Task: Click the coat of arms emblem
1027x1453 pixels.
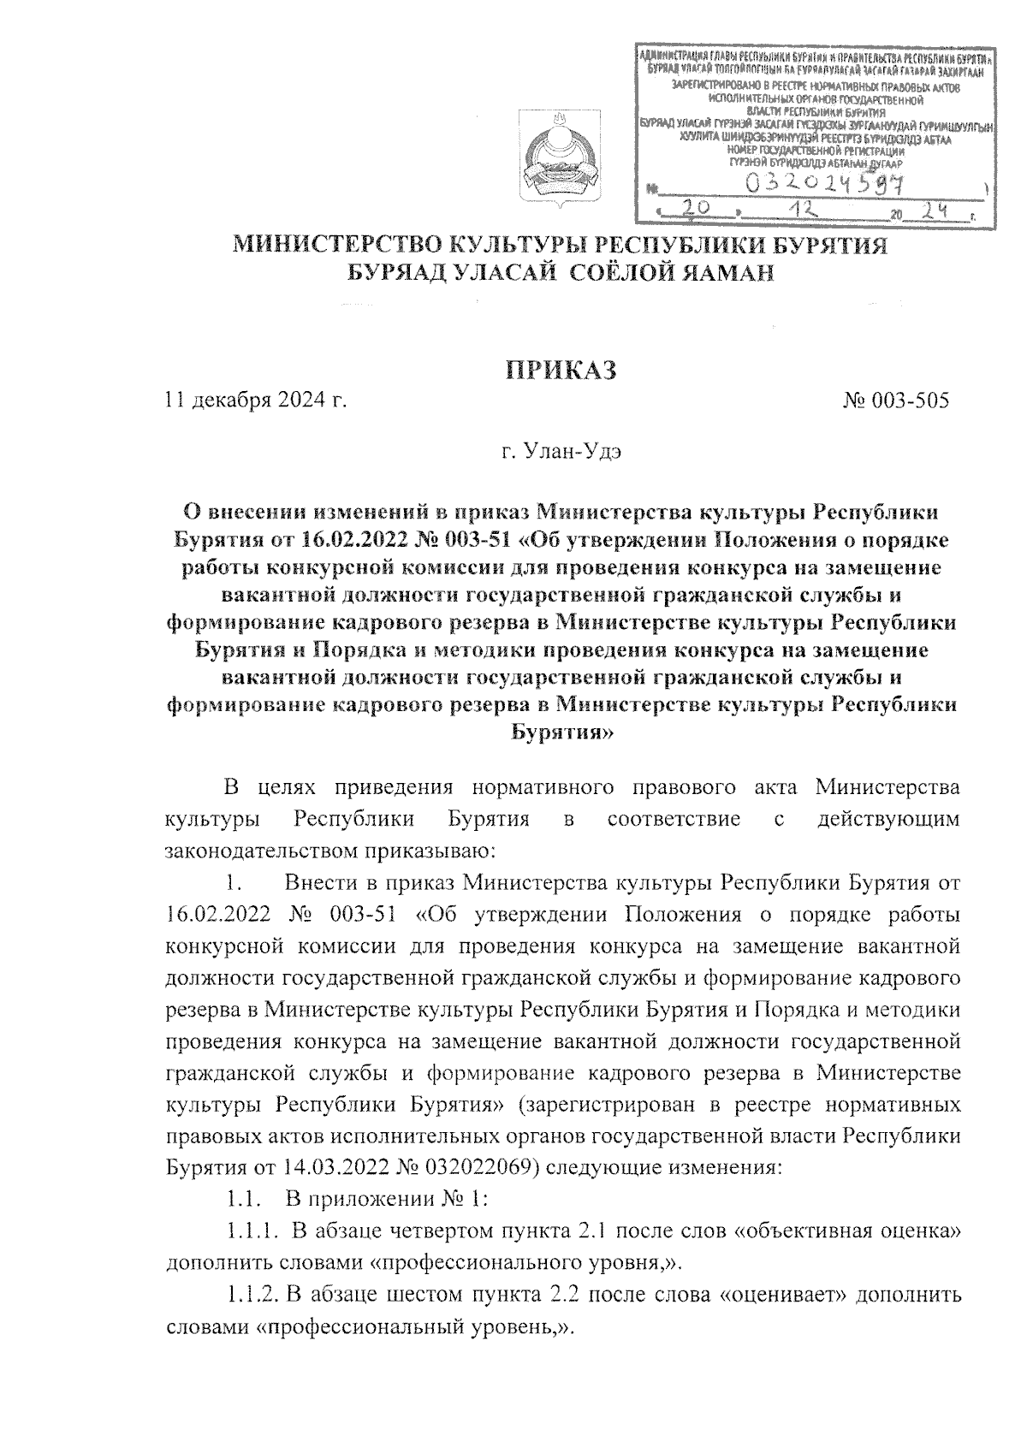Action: coord(560,160)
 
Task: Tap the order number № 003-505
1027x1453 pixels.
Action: coord(896,400)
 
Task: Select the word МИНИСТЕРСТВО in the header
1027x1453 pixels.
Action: coord(329,246)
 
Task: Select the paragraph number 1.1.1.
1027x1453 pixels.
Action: coord(252,1232)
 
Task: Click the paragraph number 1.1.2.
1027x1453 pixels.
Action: coord(252,1296)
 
